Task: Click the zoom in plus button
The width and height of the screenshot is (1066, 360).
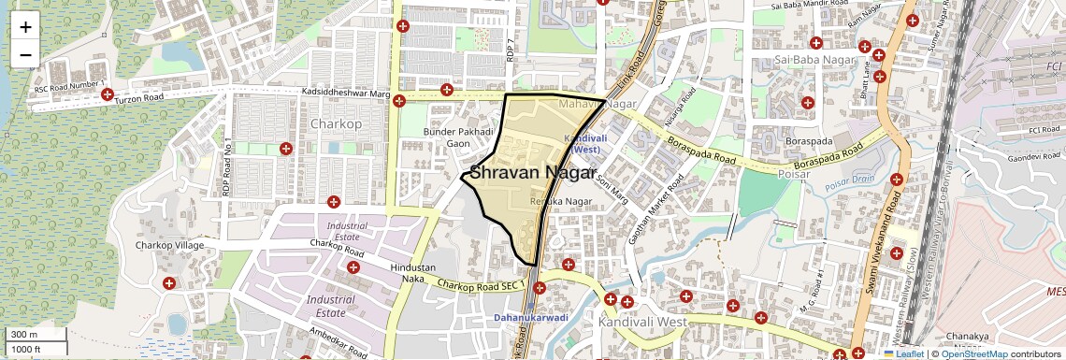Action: (25, 26)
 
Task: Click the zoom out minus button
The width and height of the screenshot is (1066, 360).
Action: (25, 54)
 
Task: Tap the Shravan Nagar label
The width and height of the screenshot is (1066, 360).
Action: (531, 173)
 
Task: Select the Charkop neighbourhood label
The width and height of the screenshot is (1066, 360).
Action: (336, 123)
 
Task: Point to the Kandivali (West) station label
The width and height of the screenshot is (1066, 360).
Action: (586, 144)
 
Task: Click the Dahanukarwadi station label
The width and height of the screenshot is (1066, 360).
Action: (531, 318)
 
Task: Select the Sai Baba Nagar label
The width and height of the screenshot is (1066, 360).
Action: (810, 61)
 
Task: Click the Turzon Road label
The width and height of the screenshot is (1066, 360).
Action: (139, 97)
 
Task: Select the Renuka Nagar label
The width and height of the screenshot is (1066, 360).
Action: (561, 201)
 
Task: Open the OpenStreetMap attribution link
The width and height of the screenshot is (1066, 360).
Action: (973, 353)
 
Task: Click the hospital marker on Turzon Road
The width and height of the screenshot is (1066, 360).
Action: (108, 94)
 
